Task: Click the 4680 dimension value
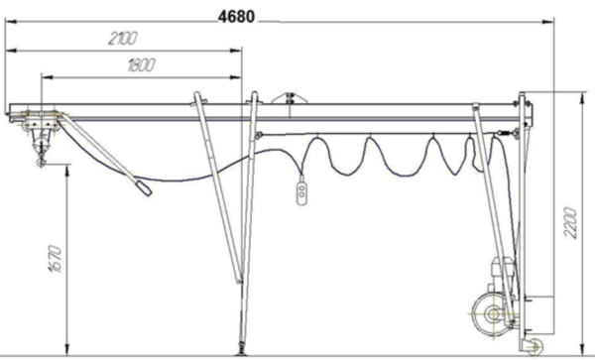236,17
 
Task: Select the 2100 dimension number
123,39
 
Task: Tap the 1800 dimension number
141,65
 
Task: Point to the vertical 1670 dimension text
55,259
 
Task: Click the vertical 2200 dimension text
570,223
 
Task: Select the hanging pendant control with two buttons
301,193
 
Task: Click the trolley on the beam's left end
41,121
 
